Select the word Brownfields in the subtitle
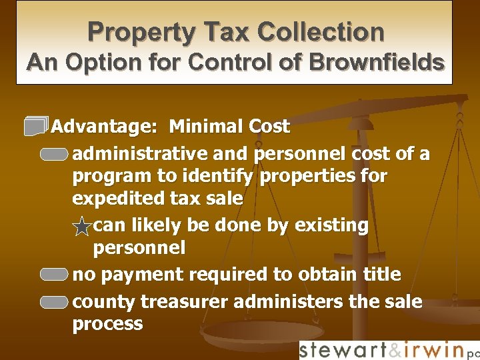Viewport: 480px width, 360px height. [385, 62]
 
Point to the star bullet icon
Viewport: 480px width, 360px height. [81, 228]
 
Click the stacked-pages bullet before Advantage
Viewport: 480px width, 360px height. [37, 125]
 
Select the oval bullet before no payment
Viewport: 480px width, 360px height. [53, 275]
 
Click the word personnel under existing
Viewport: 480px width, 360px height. [139, 248]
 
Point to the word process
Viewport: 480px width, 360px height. [107, 324]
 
